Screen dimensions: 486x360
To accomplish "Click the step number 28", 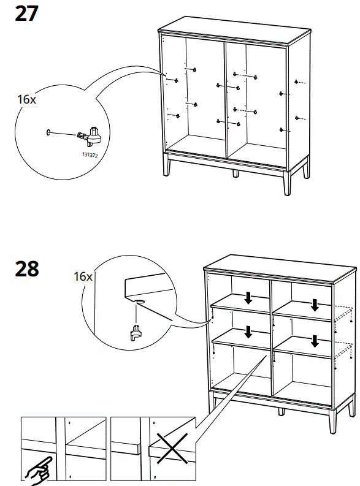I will (26, 268).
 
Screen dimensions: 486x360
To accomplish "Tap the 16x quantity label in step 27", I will (26, 99).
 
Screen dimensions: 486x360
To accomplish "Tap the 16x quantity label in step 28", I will (82, 276).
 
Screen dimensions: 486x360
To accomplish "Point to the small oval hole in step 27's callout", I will (48, 131).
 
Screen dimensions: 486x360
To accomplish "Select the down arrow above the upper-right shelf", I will (315, 304).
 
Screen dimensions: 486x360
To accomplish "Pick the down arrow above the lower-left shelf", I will (248, 332).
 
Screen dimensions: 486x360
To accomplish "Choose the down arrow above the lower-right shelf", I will (315, 340).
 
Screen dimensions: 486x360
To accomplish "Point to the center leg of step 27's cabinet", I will (236, 173).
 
